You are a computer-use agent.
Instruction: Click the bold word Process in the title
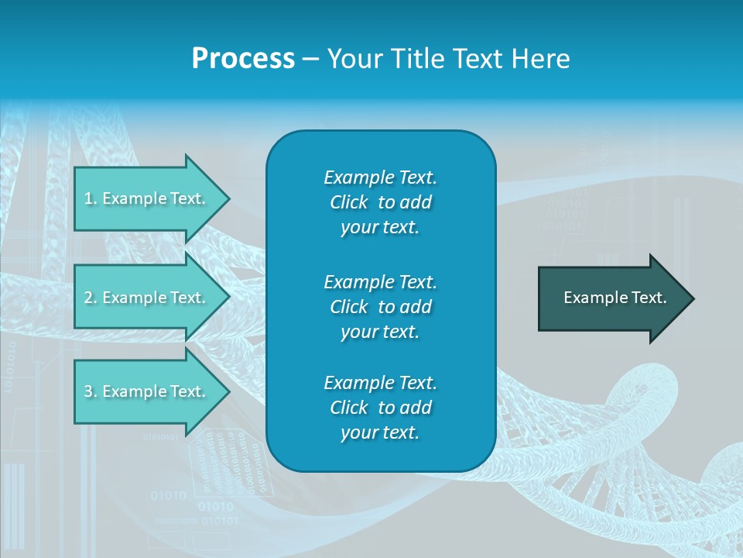click(x=243, y=59)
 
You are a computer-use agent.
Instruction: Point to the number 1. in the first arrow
click(x=91, y=198)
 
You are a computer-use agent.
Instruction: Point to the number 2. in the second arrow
click(x=91, y=298)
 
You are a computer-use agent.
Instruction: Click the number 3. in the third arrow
click(x=91, y=391)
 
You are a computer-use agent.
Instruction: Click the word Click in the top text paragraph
click(x=349, y=202)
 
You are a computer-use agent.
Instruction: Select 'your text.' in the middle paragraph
click(x=380, y=332)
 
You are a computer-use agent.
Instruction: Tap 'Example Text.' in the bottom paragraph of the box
click(x=380, y=383)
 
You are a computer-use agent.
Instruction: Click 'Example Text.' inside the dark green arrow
click(x=615, y=298)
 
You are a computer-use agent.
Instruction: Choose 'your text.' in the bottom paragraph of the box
click(x=380, y=433)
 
